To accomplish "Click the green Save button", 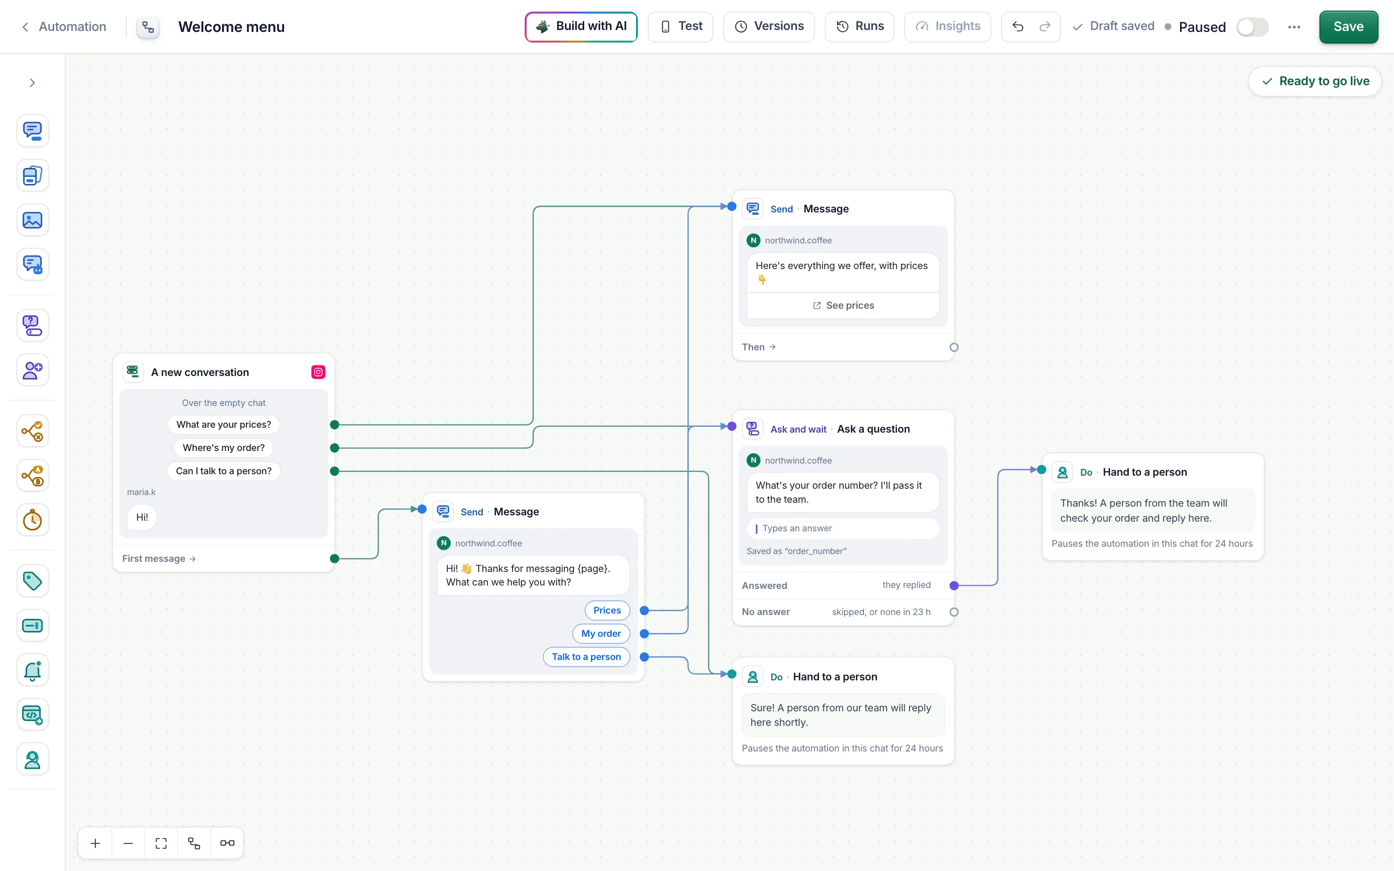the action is (x=1348, y=27).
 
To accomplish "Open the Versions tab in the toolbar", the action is (x=769, y=27).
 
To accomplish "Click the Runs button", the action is (x=860, y=27).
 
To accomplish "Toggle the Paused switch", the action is (x=1252, y=27).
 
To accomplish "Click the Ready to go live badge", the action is (x=1315, y=81).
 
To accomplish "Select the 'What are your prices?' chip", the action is (x=224, y=424).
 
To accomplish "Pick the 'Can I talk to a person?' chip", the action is (x=224, y=471).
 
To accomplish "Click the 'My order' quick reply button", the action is (x=601, y=634).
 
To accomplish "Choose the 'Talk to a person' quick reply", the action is (x=587, y=657).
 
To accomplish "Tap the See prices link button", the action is (x=843, y=305).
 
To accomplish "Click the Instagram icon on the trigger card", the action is (x=318, y=372).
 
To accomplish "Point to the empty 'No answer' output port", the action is (x=954, y=612).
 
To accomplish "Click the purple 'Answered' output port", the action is (x=954, y=586).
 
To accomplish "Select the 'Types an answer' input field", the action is (x=843, y=528).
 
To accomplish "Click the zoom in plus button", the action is (x=96, y=843).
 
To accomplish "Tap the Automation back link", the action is (x=64, y=27).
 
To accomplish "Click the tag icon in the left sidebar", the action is (x=32, y=581).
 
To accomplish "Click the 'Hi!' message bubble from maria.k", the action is (x=142, y=517).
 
